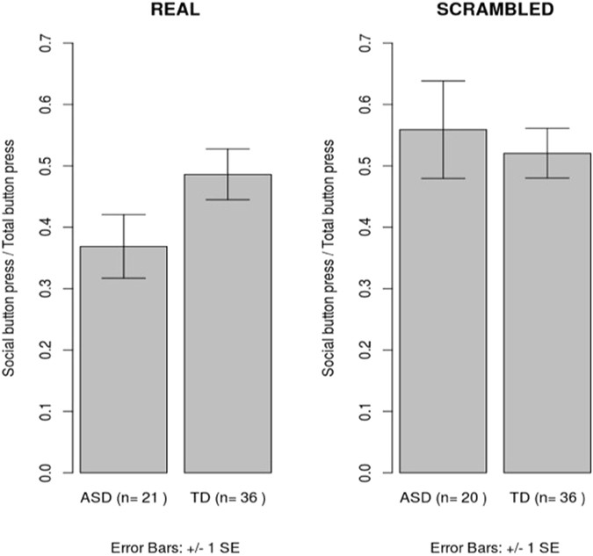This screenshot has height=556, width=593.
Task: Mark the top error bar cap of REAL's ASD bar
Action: click(124, 214)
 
